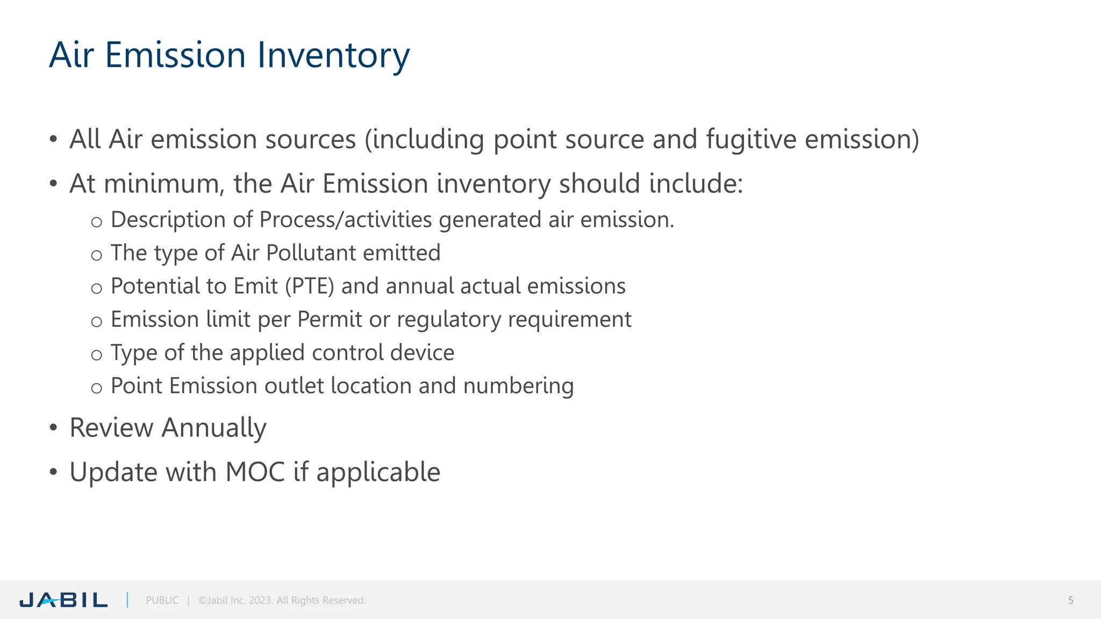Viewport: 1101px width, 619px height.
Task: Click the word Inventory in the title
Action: coord(333,55)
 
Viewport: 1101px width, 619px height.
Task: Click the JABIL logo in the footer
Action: coord(63,600)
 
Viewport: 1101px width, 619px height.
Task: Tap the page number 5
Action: coord(1070,600)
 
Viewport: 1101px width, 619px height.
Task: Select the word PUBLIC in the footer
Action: coord(162,600)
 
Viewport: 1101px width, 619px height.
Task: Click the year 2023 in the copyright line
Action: coord(260,600)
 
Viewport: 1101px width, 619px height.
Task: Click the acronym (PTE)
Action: coord(310,286)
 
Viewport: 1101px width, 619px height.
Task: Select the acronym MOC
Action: coord(255,472)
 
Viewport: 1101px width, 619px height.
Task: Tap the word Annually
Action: coord(214,428)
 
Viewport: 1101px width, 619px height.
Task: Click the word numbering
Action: coord(518,386)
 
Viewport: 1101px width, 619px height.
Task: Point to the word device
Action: coord(422,352)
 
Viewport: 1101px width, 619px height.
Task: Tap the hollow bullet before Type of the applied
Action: coord(96,355)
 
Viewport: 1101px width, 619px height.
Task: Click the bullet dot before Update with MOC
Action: coord(53,472)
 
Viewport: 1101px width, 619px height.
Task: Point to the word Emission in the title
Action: coord(175,55)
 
